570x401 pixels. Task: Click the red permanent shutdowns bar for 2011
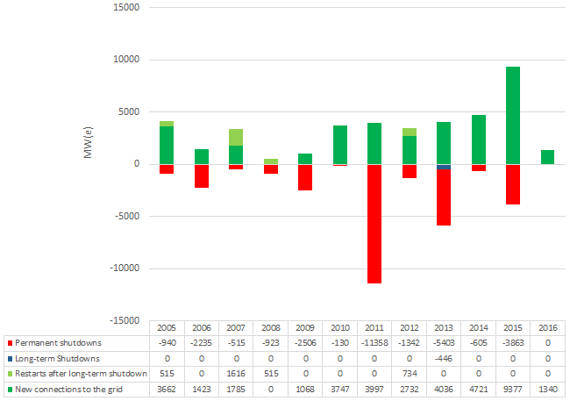[374, 224]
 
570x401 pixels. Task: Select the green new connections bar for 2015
[512, 115]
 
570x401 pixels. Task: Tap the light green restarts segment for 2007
[236, 137]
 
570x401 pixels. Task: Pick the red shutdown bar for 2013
[443, 197]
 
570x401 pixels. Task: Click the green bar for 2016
[546, 157]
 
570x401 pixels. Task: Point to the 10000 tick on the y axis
[128, 60]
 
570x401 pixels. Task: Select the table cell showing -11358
[374, 341]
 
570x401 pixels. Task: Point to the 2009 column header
[305, 326]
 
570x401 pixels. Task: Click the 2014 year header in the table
[478, 326]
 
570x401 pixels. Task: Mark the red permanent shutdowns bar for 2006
[202, 175]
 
